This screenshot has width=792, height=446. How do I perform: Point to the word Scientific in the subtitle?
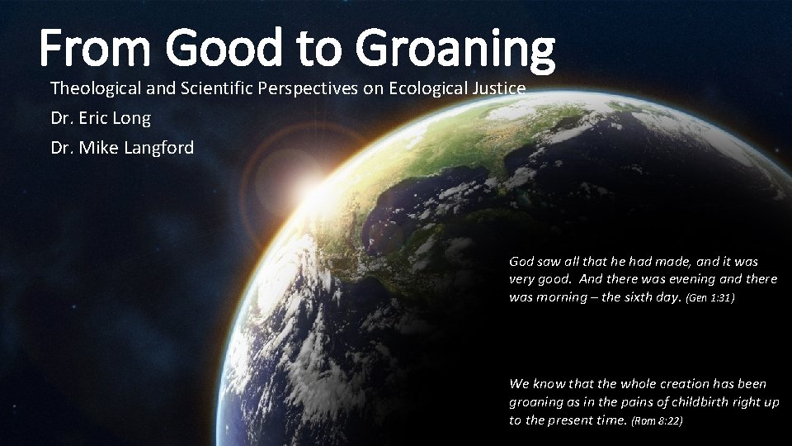click(x=221, y=88)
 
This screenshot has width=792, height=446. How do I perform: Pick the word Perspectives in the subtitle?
click(x=310, y=88)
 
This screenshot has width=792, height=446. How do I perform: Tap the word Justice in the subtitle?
click(x=498, y=88)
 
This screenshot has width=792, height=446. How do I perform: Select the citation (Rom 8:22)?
click(x=657, y=420)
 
